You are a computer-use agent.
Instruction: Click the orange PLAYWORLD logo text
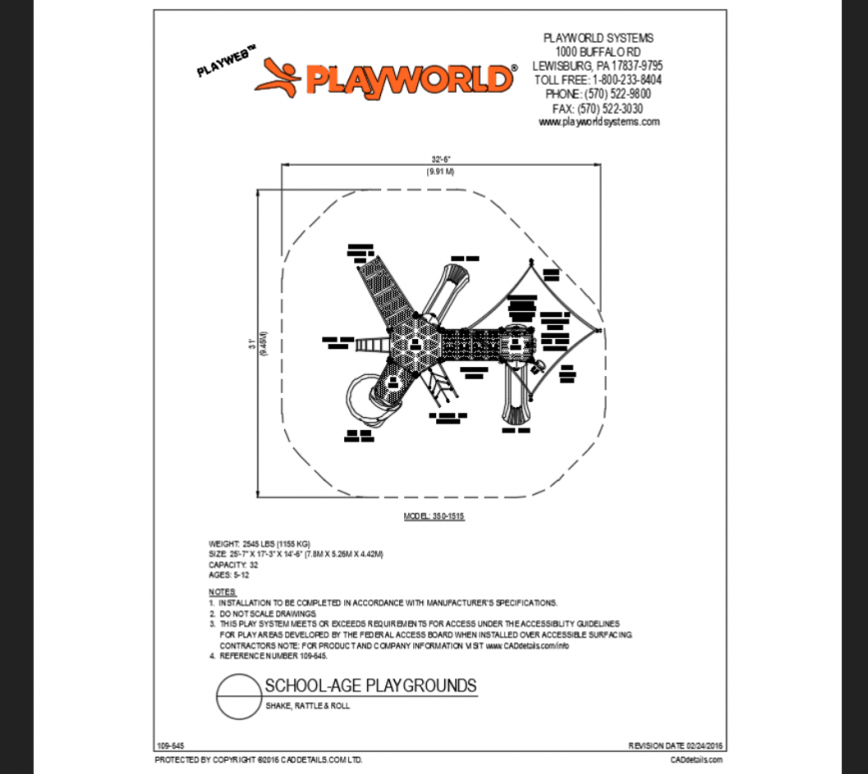pos(410,78)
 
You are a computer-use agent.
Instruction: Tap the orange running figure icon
pos(278,78)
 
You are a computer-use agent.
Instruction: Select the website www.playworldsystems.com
pos(599,122)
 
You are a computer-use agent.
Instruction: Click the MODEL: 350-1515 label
pos(434,517)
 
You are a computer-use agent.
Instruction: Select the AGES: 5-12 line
pos(228,576)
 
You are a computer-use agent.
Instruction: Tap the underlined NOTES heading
pos(221,592)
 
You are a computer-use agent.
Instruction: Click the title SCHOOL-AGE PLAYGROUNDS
pos(370,686)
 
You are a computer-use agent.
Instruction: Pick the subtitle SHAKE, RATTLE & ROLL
pos(308,706)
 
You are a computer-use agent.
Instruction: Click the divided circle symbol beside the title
pos(237,695)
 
